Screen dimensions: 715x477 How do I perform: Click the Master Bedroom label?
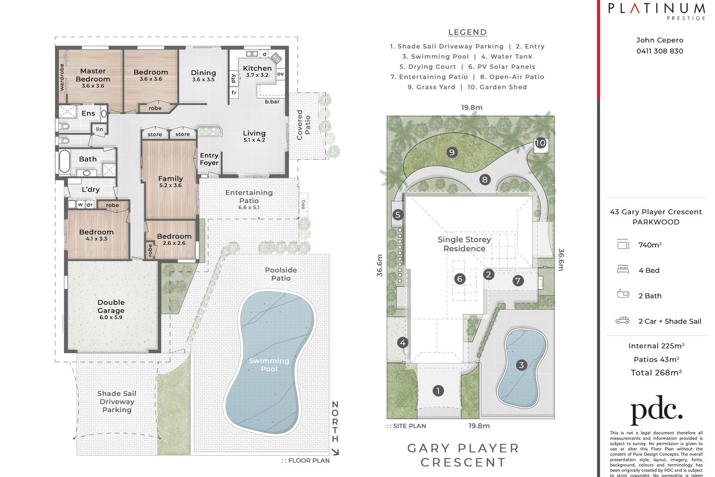93,75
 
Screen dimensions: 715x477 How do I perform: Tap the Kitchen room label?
257,68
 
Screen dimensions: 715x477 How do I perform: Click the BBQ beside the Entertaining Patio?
303,204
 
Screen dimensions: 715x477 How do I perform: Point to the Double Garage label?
111,306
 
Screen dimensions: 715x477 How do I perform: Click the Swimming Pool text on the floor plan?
269,364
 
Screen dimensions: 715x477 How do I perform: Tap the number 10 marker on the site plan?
541,143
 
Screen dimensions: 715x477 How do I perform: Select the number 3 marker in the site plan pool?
521,365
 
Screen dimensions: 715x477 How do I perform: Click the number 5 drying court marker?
398,215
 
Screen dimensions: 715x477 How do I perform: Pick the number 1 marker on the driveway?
438,390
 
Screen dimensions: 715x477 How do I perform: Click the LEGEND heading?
467,32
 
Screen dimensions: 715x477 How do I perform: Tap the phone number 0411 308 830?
660,51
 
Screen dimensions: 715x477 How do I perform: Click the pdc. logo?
656,410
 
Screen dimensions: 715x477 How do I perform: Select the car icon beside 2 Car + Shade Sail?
623,321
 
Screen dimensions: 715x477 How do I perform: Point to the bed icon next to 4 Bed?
623,270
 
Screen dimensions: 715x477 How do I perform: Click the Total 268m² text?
656,373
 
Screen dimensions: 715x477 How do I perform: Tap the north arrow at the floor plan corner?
335,451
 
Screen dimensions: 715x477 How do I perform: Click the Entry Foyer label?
209,159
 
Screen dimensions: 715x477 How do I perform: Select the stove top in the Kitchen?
276,58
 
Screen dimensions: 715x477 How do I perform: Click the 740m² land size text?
650,245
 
